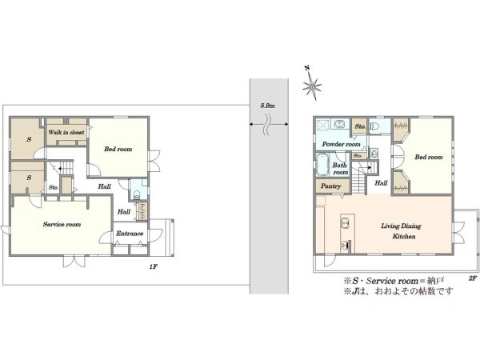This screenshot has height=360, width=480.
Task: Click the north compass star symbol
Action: click(312, 86)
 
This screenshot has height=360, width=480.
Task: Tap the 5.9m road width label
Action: click(267, 106)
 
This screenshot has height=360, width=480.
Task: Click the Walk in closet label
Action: click(66, 132)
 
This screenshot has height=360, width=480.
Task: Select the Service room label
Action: click(62, 224)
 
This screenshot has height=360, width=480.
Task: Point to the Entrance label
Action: click(130, 234)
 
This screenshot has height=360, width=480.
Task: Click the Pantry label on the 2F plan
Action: click(330, 186)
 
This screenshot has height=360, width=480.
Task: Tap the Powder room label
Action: click(341, 144)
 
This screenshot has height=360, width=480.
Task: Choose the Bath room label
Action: click(340, 169)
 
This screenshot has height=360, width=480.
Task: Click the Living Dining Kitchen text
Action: click(401, 231)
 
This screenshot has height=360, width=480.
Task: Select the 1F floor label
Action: click(154, 266)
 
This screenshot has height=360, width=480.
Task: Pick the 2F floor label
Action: click(473, 278)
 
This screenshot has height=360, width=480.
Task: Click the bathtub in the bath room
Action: click(322, 164)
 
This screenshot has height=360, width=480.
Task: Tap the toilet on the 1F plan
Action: click(137, 194)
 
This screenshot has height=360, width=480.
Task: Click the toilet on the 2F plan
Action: click(374, 126)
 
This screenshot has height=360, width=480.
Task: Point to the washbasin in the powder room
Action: click(339, 124)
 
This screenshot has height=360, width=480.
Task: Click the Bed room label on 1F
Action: click(118, 149)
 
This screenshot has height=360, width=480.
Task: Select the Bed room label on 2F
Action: click(429, 157)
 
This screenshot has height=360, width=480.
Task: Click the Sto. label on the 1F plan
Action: click(54, 187)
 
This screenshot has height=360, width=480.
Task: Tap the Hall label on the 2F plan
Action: click(381, 182)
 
